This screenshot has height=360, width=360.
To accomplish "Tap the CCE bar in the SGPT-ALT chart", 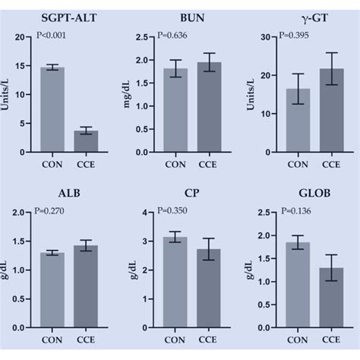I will click(x=85, y=141).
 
